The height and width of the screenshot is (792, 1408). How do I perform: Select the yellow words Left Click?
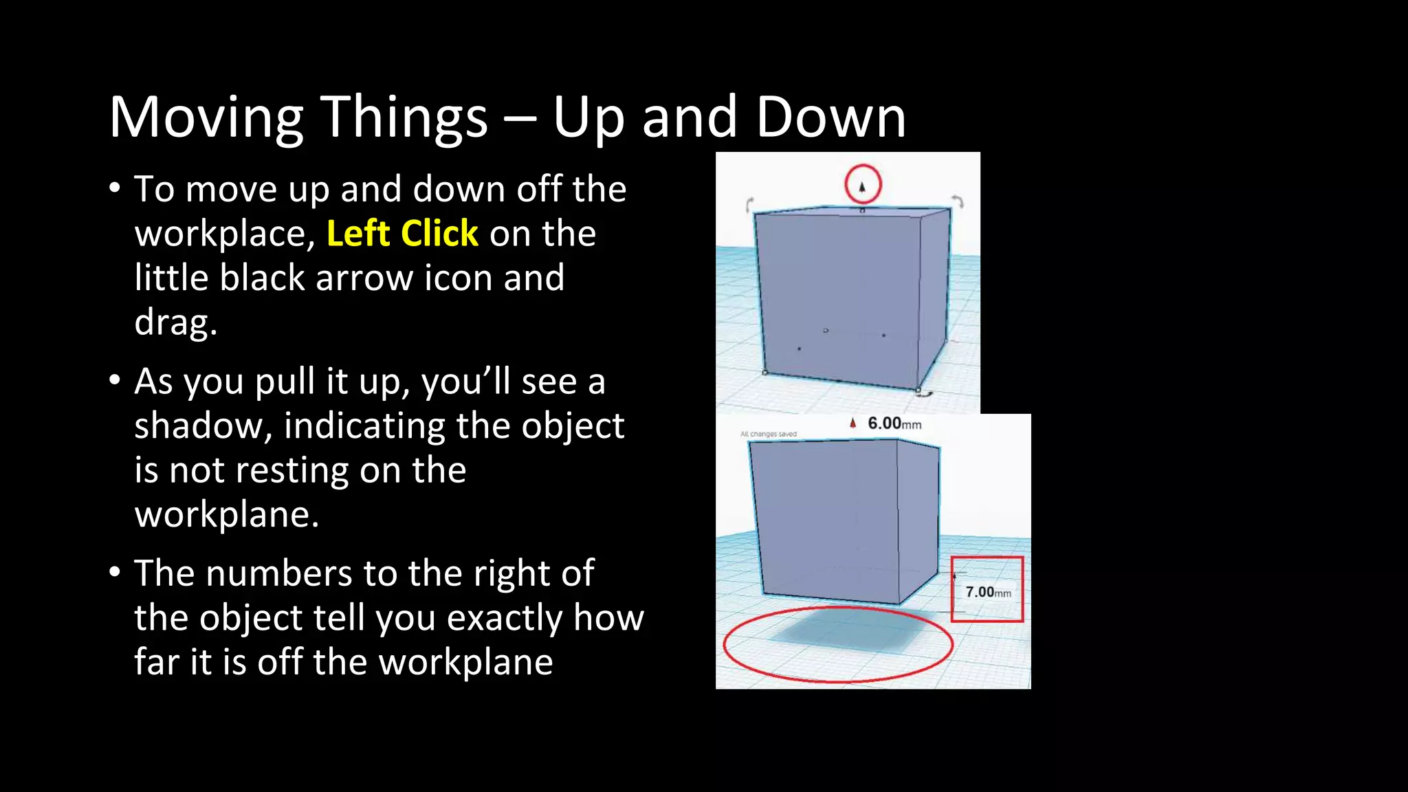402,234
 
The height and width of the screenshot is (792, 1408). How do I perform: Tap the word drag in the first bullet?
175,322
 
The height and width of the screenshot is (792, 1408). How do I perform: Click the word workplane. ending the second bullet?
227,515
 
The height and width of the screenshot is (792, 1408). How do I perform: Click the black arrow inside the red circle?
862,186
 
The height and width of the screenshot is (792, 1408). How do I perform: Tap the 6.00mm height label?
894,423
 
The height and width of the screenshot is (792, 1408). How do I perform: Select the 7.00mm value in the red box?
987,592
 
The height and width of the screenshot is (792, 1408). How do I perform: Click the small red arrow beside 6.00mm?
852,423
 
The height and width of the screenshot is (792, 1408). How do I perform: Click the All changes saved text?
768,434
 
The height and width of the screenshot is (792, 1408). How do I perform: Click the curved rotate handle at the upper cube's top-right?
958,201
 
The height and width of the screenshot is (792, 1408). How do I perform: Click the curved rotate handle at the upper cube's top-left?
750,204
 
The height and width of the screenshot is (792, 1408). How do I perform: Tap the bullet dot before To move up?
115,188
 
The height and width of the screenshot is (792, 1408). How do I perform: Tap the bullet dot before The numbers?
115,573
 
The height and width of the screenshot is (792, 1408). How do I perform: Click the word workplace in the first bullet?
224,234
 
